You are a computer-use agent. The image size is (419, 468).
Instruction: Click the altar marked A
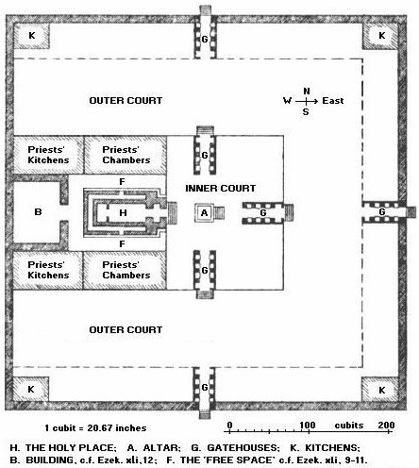pyautogui.click(x=204, y=213)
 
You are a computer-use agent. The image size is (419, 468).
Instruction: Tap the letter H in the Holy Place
pyautogui.click(x=123, y=213)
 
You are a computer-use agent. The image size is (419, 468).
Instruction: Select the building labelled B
pyautogui.click(x=37, y=212)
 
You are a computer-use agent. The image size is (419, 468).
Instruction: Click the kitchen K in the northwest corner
pyautogui.click(x=32, y=36)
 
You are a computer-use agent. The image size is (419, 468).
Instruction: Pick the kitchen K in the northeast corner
pyautogui.click(x=381, y=36)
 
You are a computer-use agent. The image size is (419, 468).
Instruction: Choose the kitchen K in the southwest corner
pyautogui.click(x=31, y=390)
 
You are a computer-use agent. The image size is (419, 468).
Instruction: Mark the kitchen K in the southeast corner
pyautogui.click(x=381, y=390)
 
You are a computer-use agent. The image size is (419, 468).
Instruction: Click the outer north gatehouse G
pyautogui.click(x=205, y=35)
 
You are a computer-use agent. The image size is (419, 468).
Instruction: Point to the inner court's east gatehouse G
pyautogui.click(x=266, y=213)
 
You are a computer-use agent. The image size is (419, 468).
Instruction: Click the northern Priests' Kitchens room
pyautogui.click(x=48, y=155)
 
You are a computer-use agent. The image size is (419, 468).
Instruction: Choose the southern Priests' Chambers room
pyautogui.click(x=125, y=270)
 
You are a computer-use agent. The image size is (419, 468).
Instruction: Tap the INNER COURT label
pyautogui.click(x=220, y=188)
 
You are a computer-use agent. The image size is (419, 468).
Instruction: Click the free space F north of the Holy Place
pyautogui.click(x=122, y=181)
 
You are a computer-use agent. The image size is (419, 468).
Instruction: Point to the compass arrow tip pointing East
pyautogui.click(x=318, y=101)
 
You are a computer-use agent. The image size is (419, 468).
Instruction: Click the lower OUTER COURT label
pyautogui.click(x=126, y=329)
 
